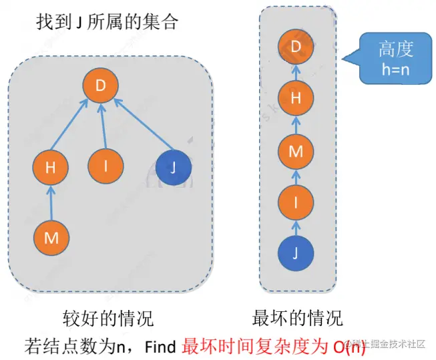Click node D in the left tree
[101, 86]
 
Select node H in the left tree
[51, 168]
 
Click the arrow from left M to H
[51, 202]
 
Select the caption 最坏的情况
[298, 317]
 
